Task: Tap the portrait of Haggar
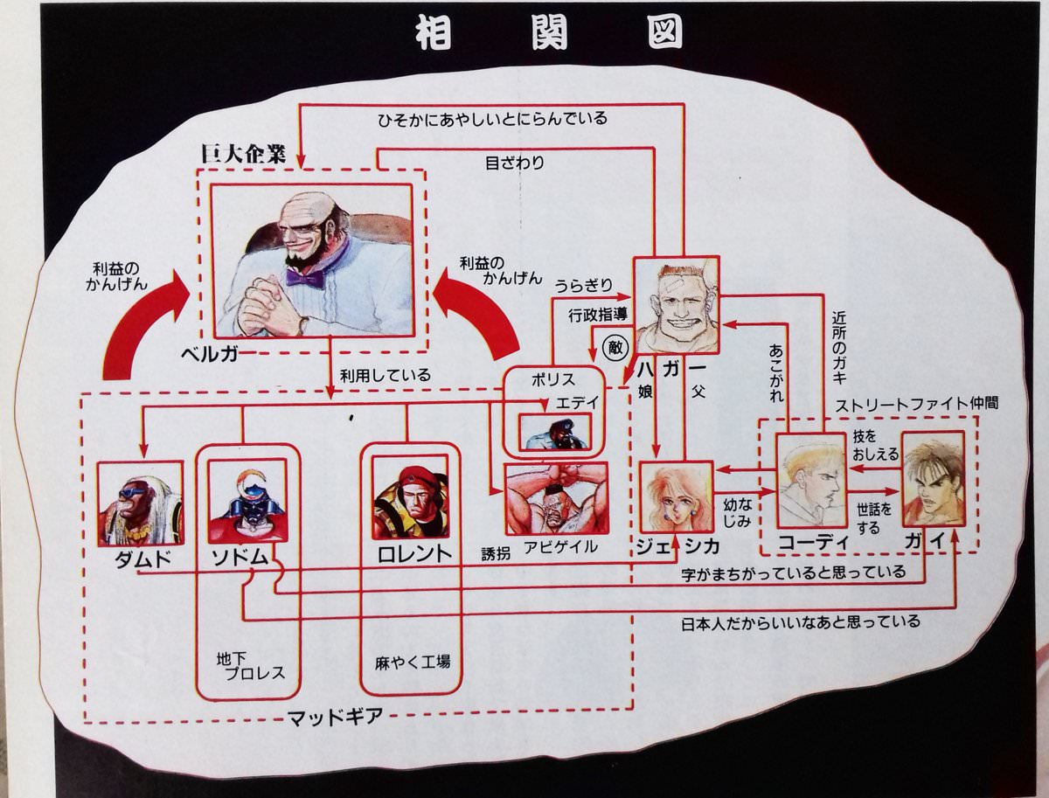pos(675,305)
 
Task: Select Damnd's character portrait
pos(139,503)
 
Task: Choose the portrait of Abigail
pos(556,499)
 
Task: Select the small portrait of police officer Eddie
pos(554,431)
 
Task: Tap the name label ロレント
pos(413,553)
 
